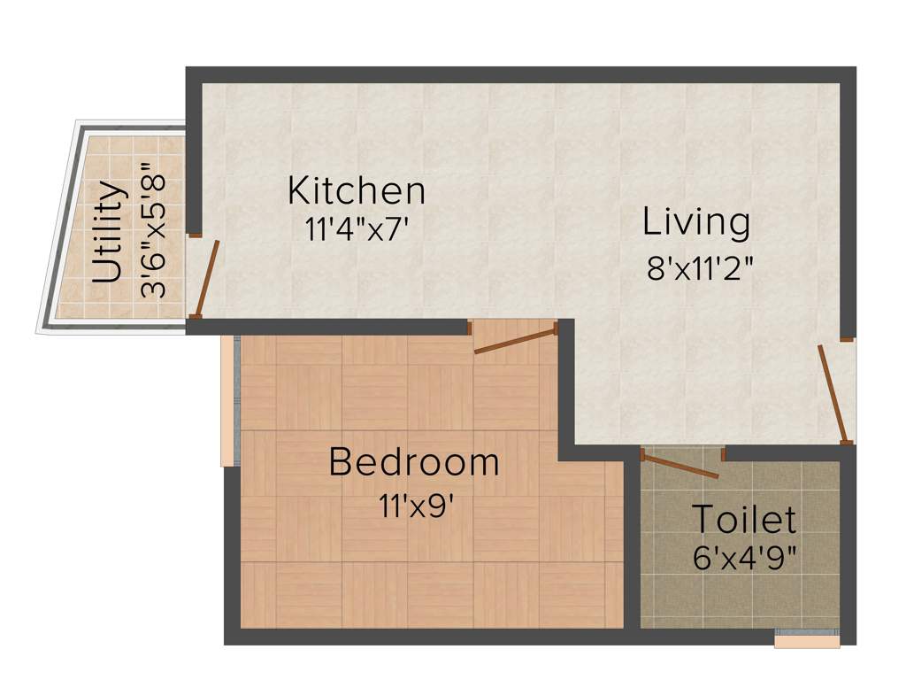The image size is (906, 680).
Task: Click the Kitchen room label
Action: (x=357, y=190)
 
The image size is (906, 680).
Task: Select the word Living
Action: (x=696, y=222)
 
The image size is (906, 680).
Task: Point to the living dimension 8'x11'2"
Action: (x=700, y=268)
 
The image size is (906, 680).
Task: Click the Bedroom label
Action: (x=414, y=462)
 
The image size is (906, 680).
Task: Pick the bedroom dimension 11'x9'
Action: (x=416, y=507)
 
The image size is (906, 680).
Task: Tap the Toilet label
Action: (x=743, y=520)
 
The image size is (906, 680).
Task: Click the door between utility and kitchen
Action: (x=207, y=278)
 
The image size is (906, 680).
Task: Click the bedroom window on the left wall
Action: (x=228, y=401)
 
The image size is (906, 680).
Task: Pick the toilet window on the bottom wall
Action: (x=806, y=639)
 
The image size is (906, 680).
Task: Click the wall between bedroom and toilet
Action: (x=632, y=540)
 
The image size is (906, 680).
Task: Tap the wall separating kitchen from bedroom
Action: (x=327, y=327)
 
